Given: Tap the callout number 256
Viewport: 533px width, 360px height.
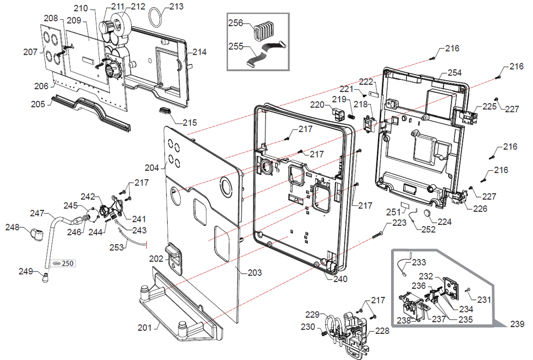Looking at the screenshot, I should tap(235, 23).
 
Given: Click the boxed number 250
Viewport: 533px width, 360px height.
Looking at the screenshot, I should tap(67, 263).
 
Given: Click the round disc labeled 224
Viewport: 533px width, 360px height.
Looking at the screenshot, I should tap(428, 215).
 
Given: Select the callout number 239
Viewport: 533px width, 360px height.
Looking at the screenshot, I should tap(517, 324).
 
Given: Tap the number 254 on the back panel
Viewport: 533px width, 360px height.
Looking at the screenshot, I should tap(454, 73).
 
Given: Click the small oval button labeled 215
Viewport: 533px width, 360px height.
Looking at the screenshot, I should tap(165, 111).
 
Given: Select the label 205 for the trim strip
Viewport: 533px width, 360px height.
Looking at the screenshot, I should tap(38, 104).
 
